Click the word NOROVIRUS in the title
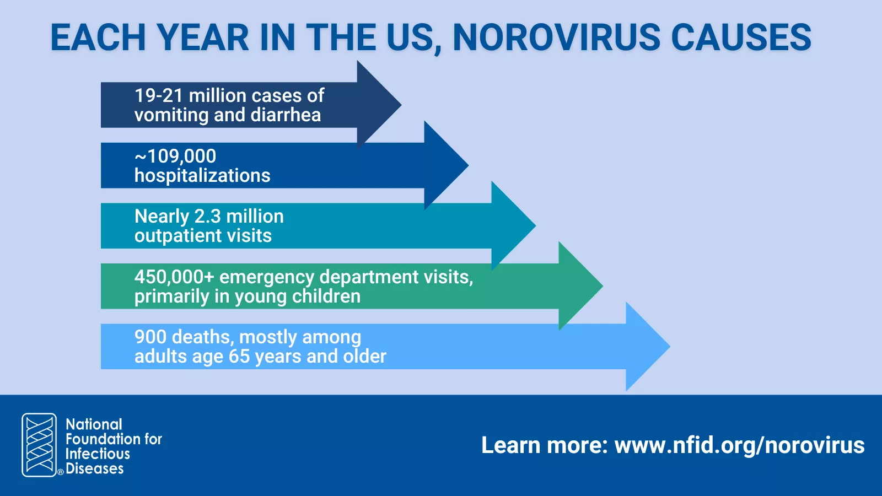pos(556,37)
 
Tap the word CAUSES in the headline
pos(741,37)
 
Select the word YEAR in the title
pos(203,37)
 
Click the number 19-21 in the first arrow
pos(158,95)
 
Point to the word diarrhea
pos(286,115)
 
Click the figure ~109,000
pos(175,157)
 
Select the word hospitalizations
pos(202,176)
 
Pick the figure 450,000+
pos(174,277)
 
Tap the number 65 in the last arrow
pos(239,356)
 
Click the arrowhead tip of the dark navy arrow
pos(401,105)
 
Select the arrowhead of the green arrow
pos(580,286)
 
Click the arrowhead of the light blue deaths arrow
pos(648,347)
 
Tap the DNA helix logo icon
pos(39,445)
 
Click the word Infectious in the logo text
pos(98,454)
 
